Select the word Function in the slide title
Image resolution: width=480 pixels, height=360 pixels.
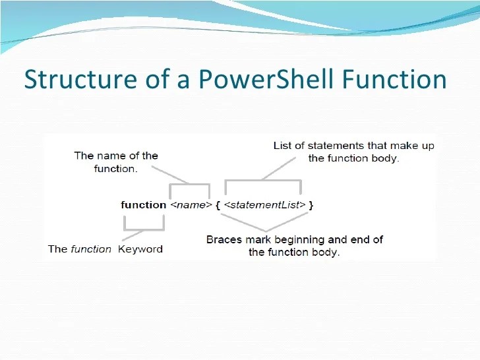tap(394, 80)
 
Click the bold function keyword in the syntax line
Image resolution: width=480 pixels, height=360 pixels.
tap(143, 205)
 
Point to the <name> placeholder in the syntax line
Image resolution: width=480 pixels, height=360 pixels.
tap(190, 205)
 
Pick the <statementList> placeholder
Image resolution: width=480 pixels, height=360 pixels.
tap(265, 205)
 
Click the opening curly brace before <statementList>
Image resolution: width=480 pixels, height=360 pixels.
tap(218, 205)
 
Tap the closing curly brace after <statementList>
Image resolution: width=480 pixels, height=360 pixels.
tap(311, 205)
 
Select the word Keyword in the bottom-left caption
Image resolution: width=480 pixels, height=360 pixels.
tap(140, 249)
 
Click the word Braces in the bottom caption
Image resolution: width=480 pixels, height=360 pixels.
tap(224, 239)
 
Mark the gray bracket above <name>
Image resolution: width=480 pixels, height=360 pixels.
tap(190, 190)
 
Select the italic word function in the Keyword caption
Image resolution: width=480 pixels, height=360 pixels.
tap(91, 249)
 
